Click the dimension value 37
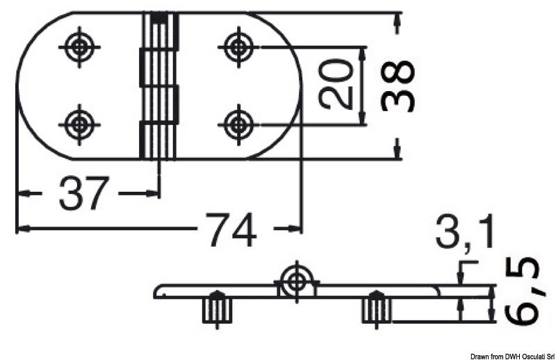84,193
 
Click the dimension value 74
231,228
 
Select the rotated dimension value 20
336,85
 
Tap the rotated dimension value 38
399,85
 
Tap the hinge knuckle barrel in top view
159,85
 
